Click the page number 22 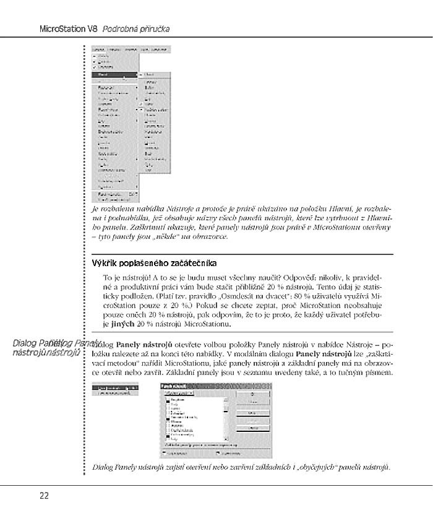[x=44, y=495]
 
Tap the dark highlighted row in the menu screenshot [x=115, y=74]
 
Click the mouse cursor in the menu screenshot [x=124, y=78]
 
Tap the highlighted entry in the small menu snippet [x=115, y=387]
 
